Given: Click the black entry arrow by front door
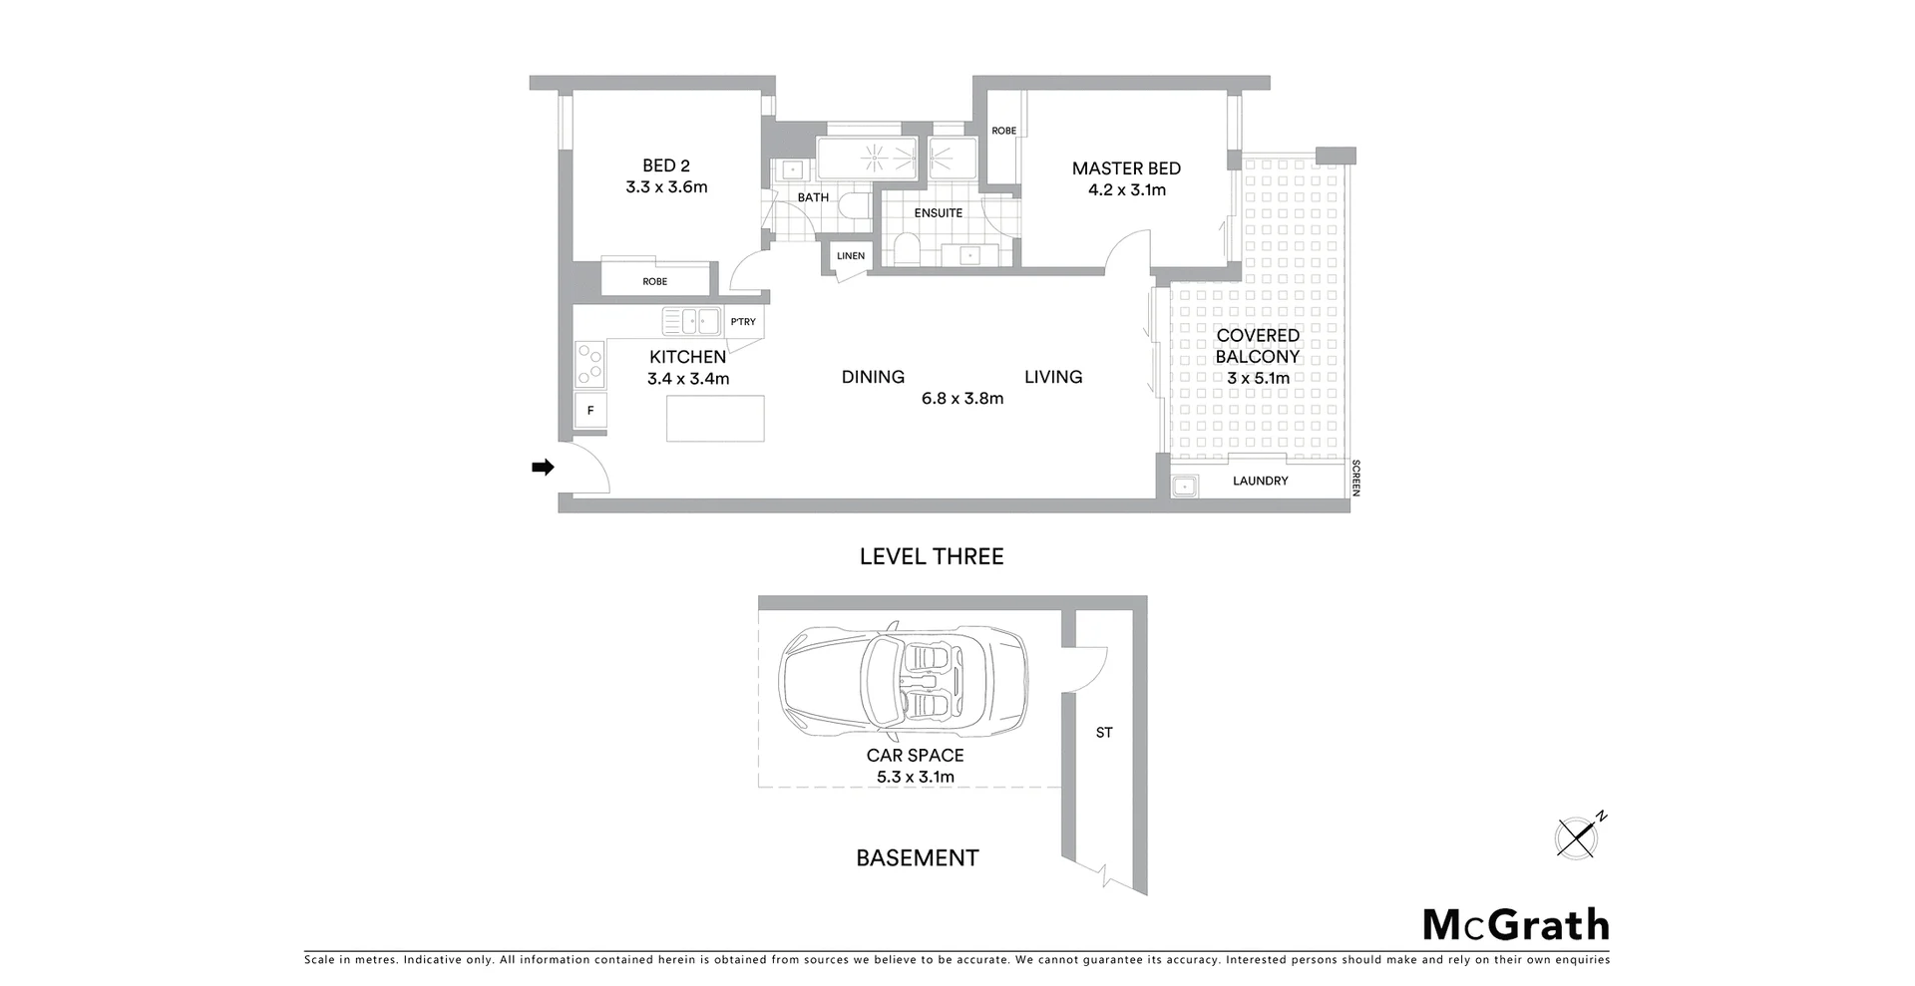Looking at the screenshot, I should click(x=543, y=467).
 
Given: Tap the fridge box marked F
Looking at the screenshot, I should click(x=590, y=410).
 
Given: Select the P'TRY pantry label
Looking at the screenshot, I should click(x=743, y=322).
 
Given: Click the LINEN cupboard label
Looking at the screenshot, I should click(x=851, y=256).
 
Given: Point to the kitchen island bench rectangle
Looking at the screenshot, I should click(x=715, y=419).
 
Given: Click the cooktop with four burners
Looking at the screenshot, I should click(x=590, y=364).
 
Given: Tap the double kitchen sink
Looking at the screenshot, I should click(x=692, y=321).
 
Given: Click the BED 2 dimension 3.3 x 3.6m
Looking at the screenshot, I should click(x=666, y=187).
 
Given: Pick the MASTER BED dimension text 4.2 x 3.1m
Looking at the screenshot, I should click(x=1127, y=190).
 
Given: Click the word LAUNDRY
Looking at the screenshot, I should click(x=1260, y=481).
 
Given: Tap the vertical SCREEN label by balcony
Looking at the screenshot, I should click(x=1355, y=478).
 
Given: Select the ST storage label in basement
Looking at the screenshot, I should click(x=1104, y=733).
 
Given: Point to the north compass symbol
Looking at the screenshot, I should click(x=1579, y=835).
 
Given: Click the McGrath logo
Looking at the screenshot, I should click(x=1515, y=925).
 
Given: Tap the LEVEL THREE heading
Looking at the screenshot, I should click(x=932, y=556).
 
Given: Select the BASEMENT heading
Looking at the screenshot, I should click(x=918, y=858).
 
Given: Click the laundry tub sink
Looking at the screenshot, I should click(x=1184, y=487).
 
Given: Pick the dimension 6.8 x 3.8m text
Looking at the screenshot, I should click(x=962, y=399).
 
